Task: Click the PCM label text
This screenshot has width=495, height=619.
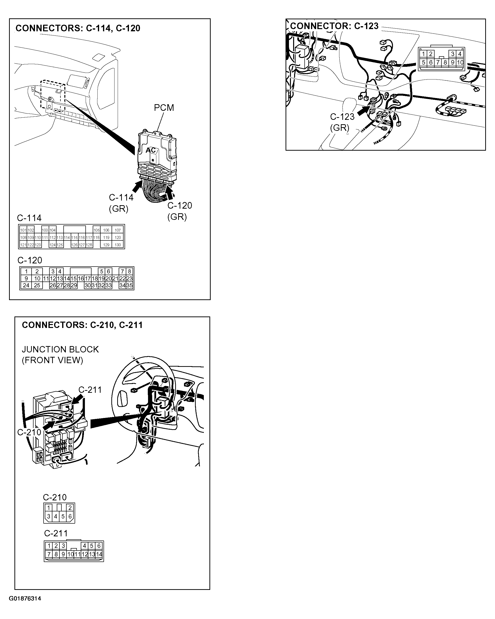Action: point(164,108)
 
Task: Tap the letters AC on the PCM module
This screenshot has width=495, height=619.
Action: point(150,150)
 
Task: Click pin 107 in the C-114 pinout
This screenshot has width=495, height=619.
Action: point(118,230)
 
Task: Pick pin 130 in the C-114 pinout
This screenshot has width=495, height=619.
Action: point(118,245)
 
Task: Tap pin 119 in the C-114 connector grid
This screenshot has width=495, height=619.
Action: point(106,237)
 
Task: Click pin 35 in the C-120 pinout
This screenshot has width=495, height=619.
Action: point(130,285)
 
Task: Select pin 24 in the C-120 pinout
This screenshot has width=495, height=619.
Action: point(26,285)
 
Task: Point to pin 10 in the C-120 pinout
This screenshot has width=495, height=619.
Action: point(37,278)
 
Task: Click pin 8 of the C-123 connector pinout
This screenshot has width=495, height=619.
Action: point(445,62)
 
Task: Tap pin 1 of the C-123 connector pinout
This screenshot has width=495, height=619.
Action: point(424,54)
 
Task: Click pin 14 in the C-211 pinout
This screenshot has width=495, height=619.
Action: point(99,554)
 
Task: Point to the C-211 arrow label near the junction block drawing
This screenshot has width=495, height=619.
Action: point(90,390)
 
